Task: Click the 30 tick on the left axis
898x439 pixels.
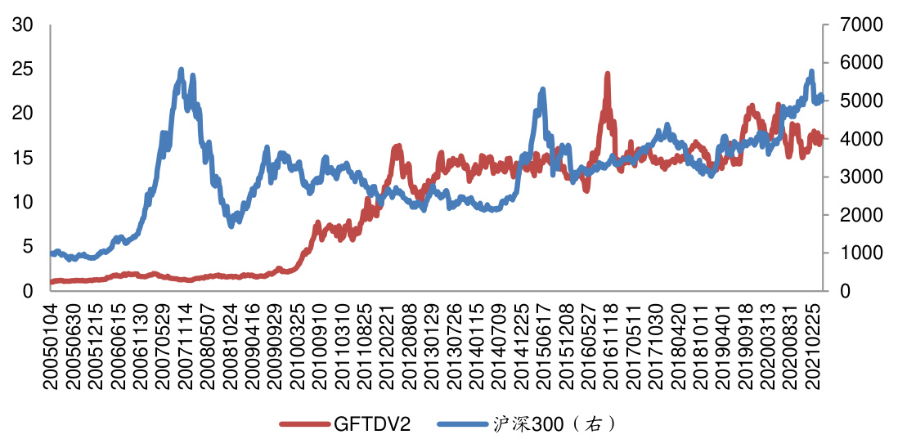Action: point(23,25)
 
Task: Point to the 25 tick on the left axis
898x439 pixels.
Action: point(23,69)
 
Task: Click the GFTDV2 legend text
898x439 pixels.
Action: point(371,423)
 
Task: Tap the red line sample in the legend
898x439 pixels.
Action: point(305,423)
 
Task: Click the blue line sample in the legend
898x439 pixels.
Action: point(463,423)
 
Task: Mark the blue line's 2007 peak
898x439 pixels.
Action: point(181,70)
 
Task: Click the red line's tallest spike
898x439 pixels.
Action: point(608,74)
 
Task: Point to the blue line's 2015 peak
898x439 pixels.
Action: point(541,89)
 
